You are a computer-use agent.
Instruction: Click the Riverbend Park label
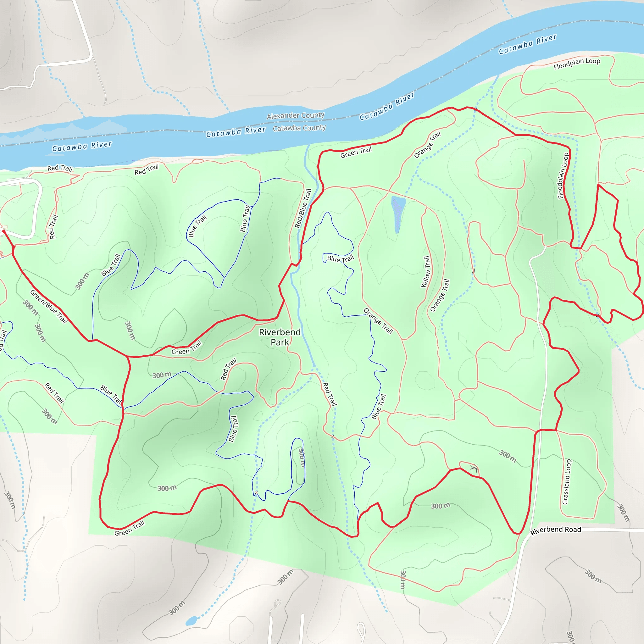tap(280, 337)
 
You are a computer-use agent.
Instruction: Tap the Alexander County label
tap(295, 116)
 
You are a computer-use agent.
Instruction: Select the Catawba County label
tap(299, 128)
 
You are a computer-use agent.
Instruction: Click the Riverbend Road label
tap(555, 530)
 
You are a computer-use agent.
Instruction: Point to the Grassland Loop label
tap(566, 482)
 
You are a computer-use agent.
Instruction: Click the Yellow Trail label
tap(426, 272)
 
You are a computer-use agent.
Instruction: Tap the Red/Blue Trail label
tap(303, 209)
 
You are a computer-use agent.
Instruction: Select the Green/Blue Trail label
tap(49, 307)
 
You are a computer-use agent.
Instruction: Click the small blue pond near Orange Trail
tap(398, 213)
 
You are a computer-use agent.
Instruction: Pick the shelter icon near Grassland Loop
tap(474, 468)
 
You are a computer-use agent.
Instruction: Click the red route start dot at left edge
tap(4, 231)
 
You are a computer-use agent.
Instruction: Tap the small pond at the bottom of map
tap(191, 621)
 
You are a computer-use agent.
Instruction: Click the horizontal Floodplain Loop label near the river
tap(577, 63)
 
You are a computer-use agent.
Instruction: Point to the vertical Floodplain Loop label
tap(563, 176)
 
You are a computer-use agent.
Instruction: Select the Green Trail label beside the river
tap(356, 152)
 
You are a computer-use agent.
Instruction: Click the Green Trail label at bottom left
tap(129, 528)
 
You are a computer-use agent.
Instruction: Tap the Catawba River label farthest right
tap(527, 44)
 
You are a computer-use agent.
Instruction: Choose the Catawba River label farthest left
tap(82, 146)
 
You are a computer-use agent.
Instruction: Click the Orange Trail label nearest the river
tap(427, 145)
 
